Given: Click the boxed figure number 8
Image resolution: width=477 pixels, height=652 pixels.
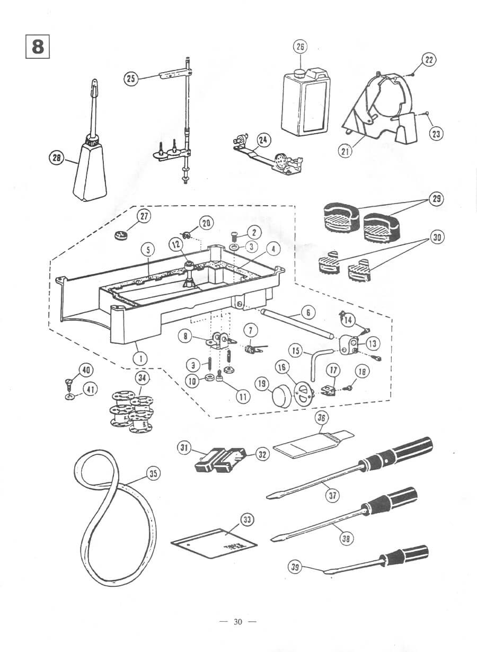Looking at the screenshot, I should pos(38,46).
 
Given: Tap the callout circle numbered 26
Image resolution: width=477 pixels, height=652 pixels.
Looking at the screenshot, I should pos(300,47).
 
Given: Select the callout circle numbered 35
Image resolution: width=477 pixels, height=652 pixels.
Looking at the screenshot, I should pos(153,474).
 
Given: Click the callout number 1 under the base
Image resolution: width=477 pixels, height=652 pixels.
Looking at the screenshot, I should pos(140,358).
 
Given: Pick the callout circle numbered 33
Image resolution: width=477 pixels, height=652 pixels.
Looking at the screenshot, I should pos(247,520).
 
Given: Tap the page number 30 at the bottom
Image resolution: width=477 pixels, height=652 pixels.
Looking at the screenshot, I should pos(237,622).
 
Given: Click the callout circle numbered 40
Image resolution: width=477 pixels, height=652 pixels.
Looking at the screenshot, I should pos(85,369).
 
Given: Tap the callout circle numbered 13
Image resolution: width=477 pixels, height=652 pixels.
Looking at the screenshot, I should pos(373,343).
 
